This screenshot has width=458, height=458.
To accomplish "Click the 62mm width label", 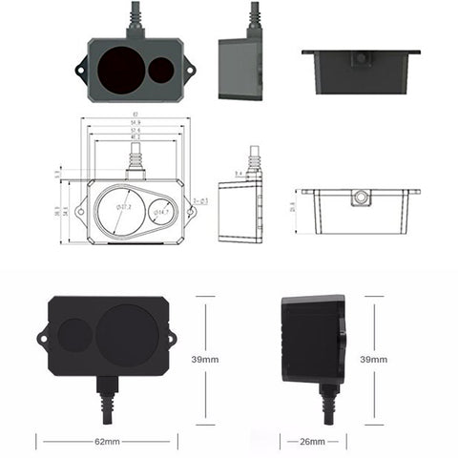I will (x=107, y=443).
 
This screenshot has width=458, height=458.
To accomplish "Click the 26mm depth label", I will (x=313, y=443).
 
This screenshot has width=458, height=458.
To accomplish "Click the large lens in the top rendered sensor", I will (x=122, y=69).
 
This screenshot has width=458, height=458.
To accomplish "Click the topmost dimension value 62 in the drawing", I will (x=135, y=116).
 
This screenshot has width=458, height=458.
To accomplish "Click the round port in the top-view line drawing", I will (x=360, y=198).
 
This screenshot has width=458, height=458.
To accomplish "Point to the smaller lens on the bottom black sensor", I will (x=73, y=336).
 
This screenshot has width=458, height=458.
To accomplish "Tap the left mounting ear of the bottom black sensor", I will (x=43, y=336).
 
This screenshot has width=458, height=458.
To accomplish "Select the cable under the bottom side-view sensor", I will (x=327, y=406).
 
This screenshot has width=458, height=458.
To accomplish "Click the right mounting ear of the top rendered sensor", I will (x=190, y=70).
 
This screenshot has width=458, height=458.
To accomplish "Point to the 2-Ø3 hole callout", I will (x=201, y=200).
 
